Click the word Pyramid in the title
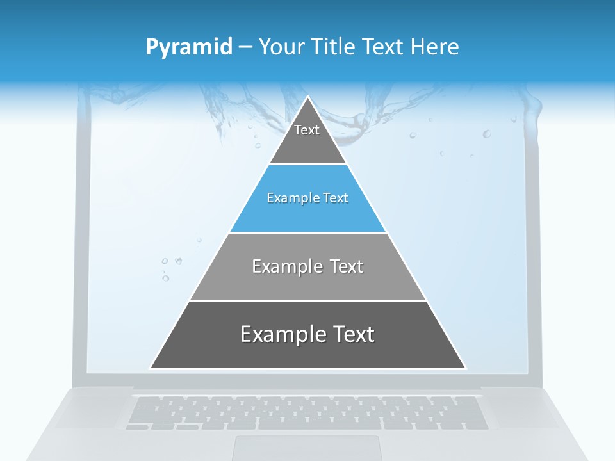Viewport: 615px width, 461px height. [x=189, y=47]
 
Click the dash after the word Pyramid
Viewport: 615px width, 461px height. [x=245, y=47]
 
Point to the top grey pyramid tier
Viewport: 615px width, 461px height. [x=307, y=144]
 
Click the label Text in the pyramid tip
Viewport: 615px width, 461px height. [x=307, y=130]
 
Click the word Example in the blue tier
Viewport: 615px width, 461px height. [x=287, y=198]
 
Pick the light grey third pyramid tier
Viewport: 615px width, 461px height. [x=307, y=282]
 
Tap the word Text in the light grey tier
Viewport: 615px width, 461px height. [x=347, y=266]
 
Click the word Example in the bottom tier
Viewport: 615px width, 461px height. [x=284, y=334]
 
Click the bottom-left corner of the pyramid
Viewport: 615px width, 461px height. [x=151, y=368]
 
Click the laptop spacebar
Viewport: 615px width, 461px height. [x=320, y=424]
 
